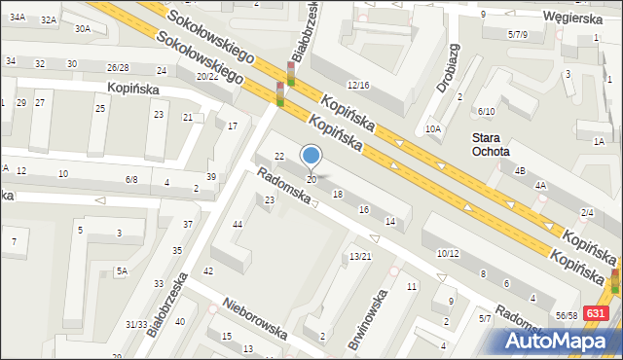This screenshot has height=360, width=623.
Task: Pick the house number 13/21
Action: pos(360,256)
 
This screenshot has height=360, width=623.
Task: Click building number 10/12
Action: pos(448,253)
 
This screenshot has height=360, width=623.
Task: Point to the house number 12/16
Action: pos(358,86)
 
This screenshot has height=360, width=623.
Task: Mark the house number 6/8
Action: pos(131,180)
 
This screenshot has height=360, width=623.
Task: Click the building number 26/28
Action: pos(118,67)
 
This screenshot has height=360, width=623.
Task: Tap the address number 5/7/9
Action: pos(517,34)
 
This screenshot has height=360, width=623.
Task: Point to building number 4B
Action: pos(520,171)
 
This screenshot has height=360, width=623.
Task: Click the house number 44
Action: pos(237,225)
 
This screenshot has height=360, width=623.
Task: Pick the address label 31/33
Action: pos(135,324)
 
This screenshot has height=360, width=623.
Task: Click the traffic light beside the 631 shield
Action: pos(614,283)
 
